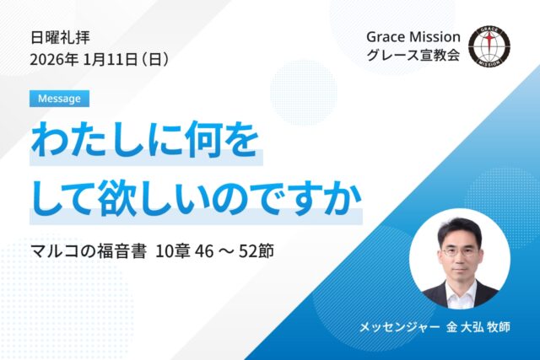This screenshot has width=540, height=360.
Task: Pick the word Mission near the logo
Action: pos(434,37)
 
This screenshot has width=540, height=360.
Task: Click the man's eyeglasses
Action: pos(458,251)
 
